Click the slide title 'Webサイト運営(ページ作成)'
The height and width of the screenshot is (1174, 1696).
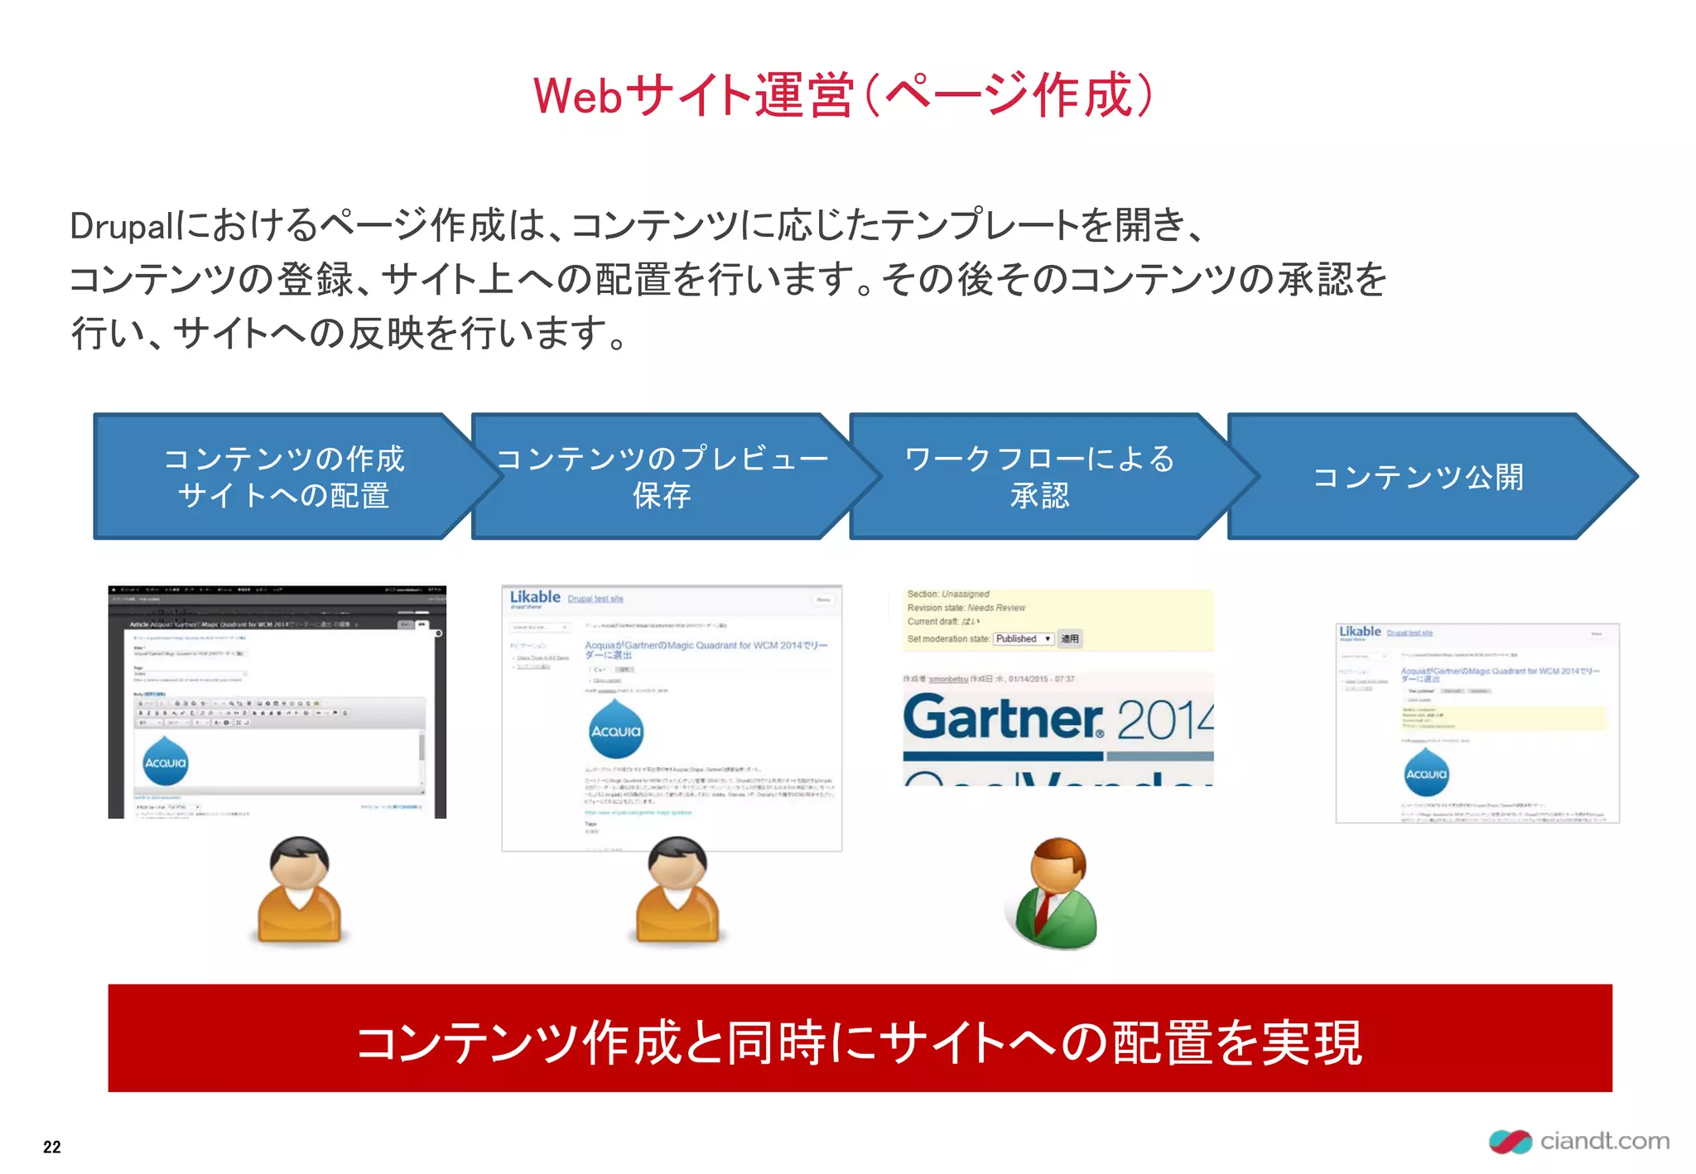click(843, 95)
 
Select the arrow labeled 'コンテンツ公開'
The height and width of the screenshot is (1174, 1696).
click(1418, 477)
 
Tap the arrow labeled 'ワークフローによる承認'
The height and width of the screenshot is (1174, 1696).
click(1039, 477)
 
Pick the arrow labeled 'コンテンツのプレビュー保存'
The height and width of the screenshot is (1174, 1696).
click(661, 477)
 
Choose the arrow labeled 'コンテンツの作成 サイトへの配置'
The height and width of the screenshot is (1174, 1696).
click(283, 477)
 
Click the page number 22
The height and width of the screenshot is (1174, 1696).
click(51, 1147)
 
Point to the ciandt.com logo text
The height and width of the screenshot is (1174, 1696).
click(1604, 1141)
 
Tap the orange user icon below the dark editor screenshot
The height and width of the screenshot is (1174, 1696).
click(300, 889)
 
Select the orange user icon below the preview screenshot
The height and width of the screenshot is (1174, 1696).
click(677, 889)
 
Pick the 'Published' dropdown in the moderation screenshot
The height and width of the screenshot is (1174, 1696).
click(1024, 638)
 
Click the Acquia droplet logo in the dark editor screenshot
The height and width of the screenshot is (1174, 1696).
click(166, 761)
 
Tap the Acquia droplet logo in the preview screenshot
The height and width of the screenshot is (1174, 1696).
click(615, 729)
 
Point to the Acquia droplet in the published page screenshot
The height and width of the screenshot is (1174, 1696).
click(1426, 772)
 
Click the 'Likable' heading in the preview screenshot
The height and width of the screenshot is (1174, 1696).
click(535, 597)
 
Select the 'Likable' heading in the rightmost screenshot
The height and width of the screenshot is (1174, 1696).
click(1360, 632)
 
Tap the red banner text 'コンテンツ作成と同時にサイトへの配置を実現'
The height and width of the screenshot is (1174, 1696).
click(860, 1042)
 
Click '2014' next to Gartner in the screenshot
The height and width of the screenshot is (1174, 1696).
click(1164, 719)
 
